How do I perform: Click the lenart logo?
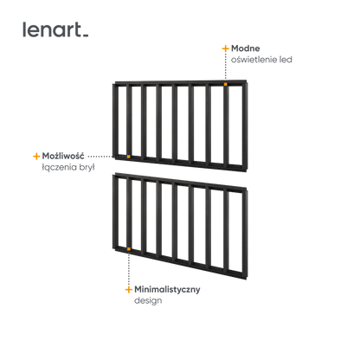[x=55, y=29]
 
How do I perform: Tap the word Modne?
[x=246, y=48]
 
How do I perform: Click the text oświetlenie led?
[x=261, y=60]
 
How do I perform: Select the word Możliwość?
[x=63, y=156]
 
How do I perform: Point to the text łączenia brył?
[x=68, y=167]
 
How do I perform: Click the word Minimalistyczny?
[x=167, y=289]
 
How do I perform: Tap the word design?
[x=148, y=300]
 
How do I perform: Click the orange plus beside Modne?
[x=225, y=48]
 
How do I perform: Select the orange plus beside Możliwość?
[x=36, y=156]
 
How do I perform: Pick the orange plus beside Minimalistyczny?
[x=129, y=290]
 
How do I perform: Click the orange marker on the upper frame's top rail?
[x=226, y=84]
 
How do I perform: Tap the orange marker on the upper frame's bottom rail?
[x=129, y=157]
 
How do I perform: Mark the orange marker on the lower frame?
[x=129, y=249]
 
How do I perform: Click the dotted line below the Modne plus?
[x=226, y=67]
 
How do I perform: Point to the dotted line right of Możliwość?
[x=106, y=157]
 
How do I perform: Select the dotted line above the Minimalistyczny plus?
[x=129, y=268]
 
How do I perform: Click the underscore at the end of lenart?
[x=86, y=35]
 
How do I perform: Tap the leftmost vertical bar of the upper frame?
[x=116, y=120]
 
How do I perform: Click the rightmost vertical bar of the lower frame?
[x=245, y=234]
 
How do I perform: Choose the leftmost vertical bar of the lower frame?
[x=116, y=212]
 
